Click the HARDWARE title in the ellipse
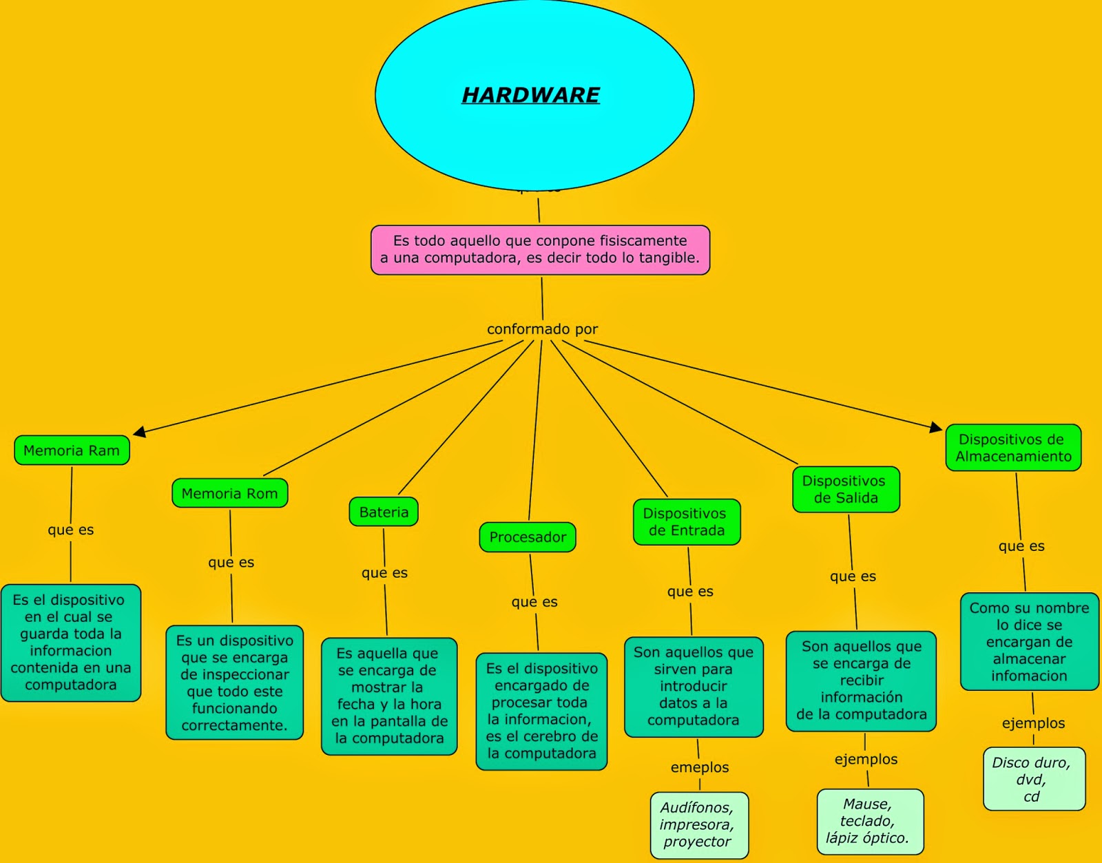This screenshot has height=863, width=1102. pos(530,95)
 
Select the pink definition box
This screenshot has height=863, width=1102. pos(540,250)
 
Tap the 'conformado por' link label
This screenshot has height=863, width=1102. pos(542,329)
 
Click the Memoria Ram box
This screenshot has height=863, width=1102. pos(72,450)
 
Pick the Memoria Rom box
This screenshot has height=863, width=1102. pos(229,493)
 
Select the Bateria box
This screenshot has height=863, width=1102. pos(384,512)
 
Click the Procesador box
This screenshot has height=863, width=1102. pos(528,537)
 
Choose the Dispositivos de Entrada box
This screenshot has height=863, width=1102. pos(686,522)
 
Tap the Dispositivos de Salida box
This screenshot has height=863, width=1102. pos(846,490)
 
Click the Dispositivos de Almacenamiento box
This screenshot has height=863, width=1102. pos(1013,448)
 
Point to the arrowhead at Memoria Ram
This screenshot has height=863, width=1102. pos(140,432)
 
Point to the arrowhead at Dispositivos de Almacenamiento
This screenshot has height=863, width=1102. pos(935,428)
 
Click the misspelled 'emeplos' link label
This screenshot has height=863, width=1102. pos(699,767)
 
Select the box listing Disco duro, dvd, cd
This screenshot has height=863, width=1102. pos(1034,779)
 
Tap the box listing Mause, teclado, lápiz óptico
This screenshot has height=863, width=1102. pos(869,821)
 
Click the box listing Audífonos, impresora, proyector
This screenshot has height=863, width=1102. pos(698,824)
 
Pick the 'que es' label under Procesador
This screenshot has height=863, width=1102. pos(534,602)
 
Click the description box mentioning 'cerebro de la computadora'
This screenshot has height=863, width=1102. pos(541,711)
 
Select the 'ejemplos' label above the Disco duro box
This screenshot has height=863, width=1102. pos(1033,723)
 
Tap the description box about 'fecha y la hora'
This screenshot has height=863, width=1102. pos(389,696)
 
